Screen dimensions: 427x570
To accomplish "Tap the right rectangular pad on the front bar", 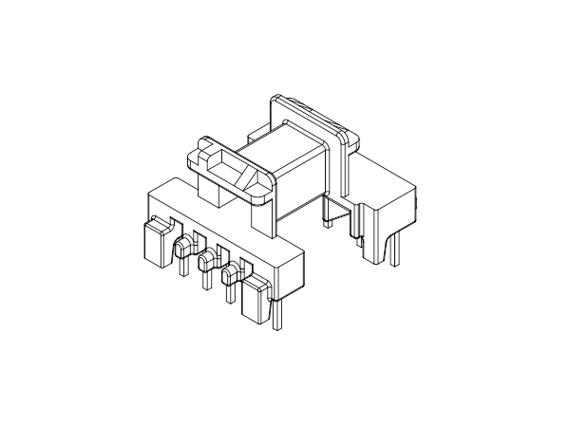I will [x=256, y=302].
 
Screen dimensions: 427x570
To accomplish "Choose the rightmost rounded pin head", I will [x=229, y=276].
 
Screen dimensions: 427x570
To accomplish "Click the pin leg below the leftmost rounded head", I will [x=180, y=268].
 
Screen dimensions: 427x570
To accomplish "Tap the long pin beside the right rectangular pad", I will [x=276, y=313].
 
